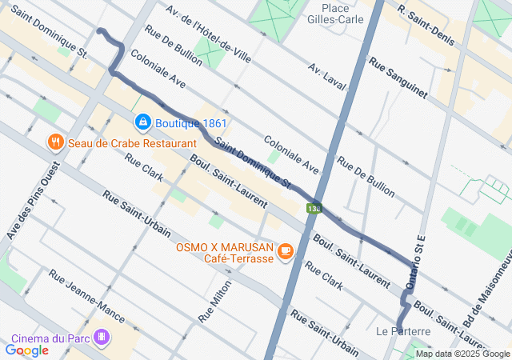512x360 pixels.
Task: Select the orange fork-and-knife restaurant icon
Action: coord(55,142)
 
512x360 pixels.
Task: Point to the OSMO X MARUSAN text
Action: coord(226,247)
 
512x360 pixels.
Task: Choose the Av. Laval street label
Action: coord(336,79)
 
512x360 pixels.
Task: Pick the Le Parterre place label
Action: coord(403,330)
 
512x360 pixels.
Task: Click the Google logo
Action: coord(27,350)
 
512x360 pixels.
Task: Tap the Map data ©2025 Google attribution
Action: coord(462,354)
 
